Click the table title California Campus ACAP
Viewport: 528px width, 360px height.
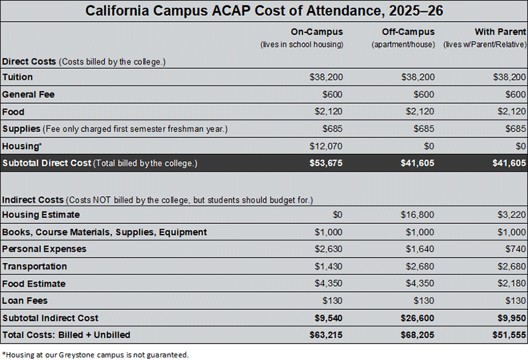[264, 11]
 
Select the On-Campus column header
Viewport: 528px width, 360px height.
[317, 32]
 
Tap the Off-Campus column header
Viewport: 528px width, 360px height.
[408, 32]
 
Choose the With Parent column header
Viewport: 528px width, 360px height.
[500, 32]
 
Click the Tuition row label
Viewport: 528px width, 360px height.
[18, 77]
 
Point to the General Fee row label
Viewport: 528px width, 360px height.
[28, 94]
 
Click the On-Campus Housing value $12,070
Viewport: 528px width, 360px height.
[326, 146]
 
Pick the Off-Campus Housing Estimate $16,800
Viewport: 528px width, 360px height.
[418, 215]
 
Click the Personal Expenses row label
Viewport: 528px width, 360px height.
[44, 249]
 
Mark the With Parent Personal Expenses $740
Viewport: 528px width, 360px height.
[515, 249]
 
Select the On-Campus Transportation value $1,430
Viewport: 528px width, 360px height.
[329, 266]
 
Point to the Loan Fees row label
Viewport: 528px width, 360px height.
[23, 301]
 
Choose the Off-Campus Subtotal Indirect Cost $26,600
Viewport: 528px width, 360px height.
[418, 318]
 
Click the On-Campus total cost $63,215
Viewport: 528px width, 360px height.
[326, 335]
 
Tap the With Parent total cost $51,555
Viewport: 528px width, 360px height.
[510, 335]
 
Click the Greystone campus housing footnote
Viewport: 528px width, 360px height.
[95, 355]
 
